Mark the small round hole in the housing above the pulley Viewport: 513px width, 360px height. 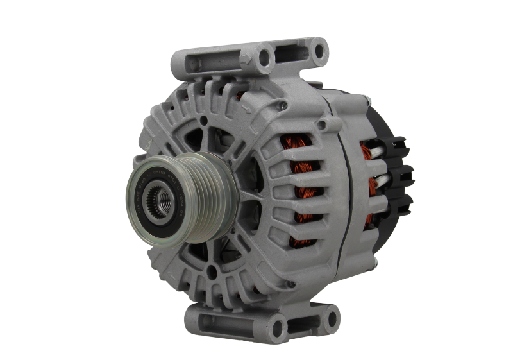coord(203,121)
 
